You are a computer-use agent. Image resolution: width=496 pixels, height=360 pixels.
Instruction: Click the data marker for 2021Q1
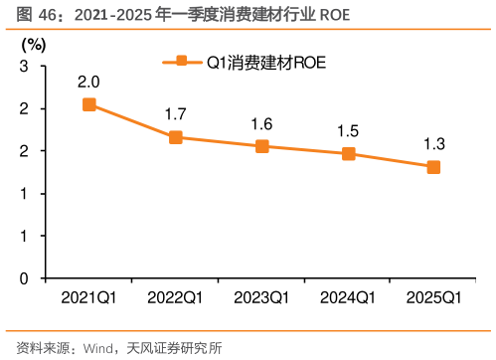[89, 104]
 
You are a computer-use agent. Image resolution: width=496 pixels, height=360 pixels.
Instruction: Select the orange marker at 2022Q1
[176, 137]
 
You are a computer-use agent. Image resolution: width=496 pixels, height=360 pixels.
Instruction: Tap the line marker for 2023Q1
[262, 146]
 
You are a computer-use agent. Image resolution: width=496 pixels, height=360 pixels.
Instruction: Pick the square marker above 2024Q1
[348, 154]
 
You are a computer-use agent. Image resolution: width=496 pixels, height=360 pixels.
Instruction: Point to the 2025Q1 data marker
[434, 167]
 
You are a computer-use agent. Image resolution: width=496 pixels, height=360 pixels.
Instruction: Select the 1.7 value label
[176, 114]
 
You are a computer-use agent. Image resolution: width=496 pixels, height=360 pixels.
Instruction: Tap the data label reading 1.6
[262, 123]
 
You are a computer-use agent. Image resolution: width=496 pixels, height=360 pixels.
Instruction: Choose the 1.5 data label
[348, 131]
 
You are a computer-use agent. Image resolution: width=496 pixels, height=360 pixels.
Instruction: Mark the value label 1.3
[434, 144]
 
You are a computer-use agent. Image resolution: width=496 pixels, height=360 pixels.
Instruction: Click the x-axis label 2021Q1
[89, 297]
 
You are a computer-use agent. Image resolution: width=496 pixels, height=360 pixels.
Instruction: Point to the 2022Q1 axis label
[176, 297]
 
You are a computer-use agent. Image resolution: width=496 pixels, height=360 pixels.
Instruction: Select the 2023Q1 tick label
[261, 297]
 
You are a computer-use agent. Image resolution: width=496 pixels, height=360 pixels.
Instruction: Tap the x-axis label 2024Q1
[348, 297]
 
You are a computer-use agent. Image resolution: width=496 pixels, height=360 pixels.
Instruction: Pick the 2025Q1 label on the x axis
[434, 297]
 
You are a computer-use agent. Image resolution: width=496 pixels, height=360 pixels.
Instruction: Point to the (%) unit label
[33, 46]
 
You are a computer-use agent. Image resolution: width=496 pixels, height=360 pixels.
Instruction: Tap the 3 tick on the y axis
[23, 66]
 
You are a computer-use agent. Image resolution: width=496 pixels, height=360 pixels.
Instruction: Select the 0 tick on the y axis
[23, 278]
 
